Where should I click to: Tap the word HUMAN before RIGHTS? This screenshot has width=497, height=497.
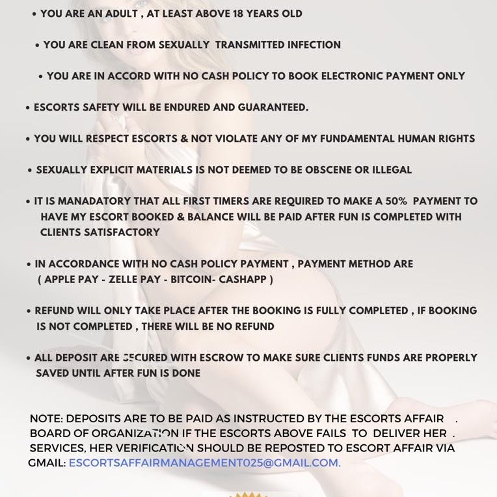coord(412,139)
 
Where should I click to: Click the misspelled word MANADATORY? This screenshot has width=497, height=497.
coord(98,202)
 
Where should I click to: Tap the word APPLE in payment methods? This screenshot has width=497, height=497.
coord(65,280)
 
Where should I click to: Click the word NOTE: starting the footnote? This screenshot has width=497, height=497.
coord(46,419)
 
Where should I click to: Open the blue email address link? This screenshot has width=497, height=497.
coord(204,463)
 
